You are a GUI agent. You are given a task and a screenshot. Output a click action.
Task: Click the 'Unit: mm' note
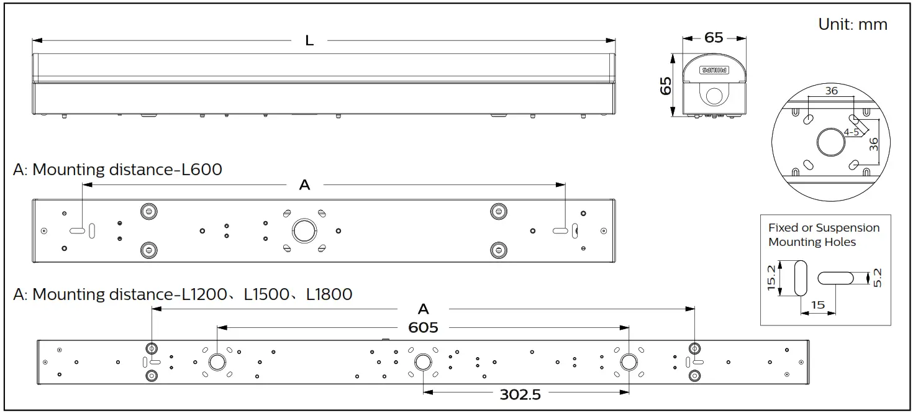click(x=853, y=24)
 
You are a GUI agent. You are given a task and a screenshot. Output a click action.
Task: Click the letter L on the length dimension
click(x=309, y=41)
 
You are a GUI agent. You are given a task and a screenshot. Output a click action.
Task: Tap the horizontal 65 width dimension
click(x=714, y=37)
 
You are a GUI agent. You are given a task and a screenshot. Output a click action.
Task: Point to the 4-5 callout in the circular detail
click(x=852, y=132)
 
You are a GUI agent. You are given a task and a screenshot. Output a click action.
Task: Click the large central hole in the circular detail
click(x=830, y=142)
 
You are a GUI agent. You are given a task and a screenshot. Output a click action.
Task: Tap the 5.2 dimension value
click(x=877, y=278)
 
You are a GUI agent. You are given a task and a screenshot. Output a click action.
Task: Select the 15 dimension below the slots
click(x=818, y=305)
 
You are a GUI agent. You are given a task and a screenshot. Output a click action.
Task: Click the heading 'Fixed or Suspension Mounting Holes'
click(x=824, y=235)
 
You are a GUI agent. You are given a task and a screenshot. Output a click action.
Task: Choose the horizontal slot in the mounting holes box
click(x=836, y=278)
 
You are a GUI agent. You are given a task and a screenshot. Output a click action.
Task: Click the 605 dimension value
click(x=424, y=327)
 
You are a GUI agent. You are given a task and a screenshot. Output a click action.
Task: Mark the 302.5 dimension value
click(x=520, y=394)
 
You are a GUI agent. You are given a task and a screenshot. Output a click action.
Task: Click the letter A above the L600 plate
click(x=304, y=185)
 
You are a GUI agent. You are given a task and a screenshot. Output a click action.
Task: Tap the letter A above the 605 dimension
click(x=424, y=309)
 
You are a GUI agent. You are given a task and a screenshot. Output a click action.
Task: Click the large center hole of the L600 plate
click(x=304, y=230)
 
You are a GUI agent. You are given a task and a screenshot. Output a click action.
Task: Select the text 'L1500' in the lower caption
click(x=266, y=294)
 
